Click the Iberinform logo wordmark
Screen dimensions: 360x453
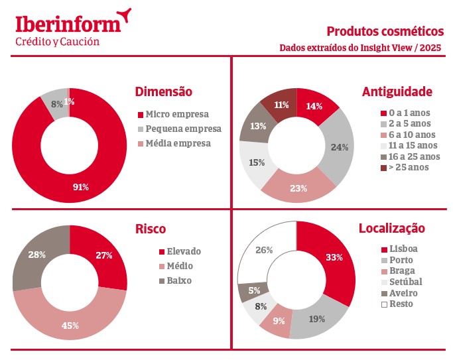(x=69, y=23)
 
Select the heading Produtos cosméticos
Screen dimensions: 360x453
(x=385, y=30)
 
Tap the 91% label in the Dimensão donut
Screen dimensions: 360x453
(x=80, y=187)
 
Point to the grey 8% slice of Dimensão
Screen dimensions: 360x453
(x=56, y=103)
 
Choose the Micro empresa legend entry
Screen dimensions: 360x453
(x=176, y=113)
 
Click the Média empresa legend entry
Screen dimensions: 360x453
(x=178, y=143)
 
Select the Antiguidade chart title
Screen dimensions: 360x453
(x=397, y=91)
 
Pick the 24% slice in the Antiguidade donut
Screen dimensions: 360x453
(x=340, y=147)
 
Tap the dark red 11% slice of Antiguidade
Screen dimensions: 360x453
(x=281, y=104)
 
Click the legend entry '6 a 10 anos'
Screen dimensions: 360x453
(x=409, y=134)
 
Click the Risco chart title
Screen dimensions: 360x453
(x=150, y=229)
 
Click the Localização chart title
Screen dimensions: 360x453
(x=391, y=229)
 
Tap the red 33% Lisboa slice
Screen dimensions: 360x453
(x=333, y=257)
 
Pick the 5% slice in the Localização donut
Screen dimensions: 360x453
(x=255, y=290)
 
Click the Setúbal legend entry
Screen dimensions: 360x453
(x=405, y=282)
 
